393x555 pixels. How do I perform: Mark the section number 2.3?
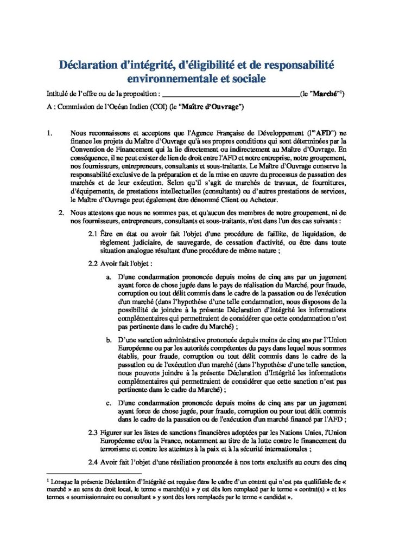click(x=93, y=432)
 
